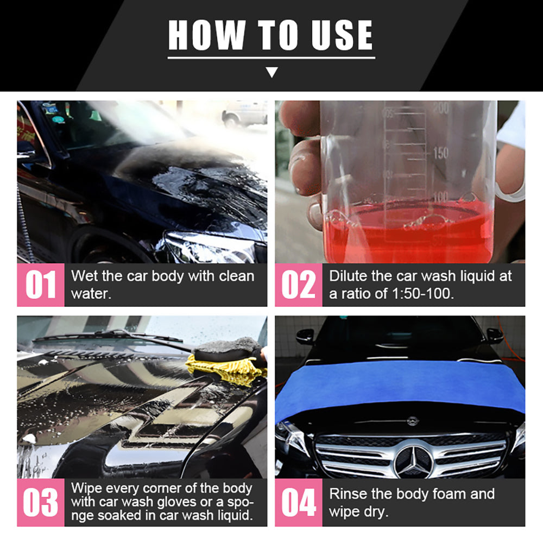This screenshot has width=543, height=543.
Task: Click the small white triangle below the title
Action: point(272,72)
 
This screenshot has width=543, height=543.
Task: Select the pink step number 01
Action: point(41,285)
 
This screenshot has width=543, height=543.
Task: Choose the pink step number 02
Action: point(299,285)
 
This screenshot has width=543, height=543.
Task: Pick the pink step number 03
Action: point(41,503)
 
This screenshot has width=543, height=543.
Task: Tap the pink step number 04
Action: point(299,503)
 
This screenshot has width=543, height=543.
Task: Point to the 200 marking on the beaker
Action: point(441,108)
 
